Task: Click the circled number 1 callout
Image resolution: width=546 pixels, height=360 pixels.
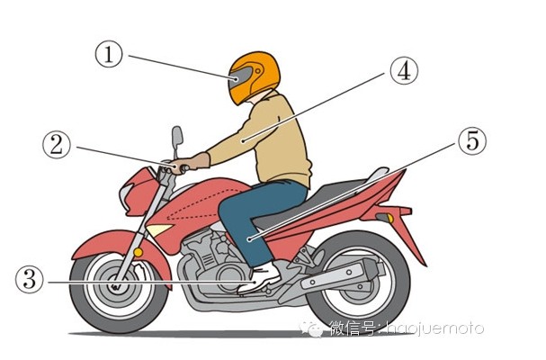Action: click(x=109, y=55)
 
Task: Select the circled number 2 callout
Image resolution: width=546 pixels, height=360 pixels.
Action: click(x=57, y=145)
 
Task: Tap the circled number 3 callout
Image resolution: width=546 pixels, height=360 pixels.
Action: click(x=30, y=280)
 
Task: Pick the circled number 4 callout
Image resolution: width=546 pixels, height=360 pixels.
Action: click(x=404, y=71)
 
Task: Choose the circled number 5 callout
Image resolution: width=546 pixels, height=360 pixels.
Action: click(x=472, y=141)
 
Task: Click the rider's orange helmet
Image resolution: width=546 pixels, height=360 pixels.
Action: click(x=255, y=77)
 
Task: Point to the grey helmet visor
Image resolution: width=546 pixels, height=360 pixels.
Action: click(x=239, y=78)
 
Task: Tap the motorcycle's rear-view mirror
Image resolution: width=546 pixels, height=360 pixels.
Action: click(x=177, y=138)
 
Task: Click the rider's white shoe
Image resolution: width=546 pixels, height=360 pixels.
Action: click(x=260, y=278)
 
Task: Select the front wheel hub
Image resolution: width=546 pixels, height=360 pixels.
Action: click(x=114, y=286)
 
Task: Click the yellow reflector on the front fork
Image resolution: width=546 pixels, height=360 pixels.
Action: click(x=139, y=252)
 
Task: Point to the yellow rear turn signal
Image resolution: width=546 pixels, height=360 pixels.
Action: click(x=390, y=219)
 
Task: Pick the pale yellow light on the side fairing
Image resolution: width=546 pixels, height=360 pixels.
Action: click(x=158, y=229)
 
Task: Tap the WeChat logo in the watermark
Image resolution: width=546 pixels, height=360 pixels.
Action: click(x=311, y=328)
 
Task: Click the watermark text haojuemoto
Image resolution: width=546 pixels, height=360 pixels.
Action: click(x=435, y=328)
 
